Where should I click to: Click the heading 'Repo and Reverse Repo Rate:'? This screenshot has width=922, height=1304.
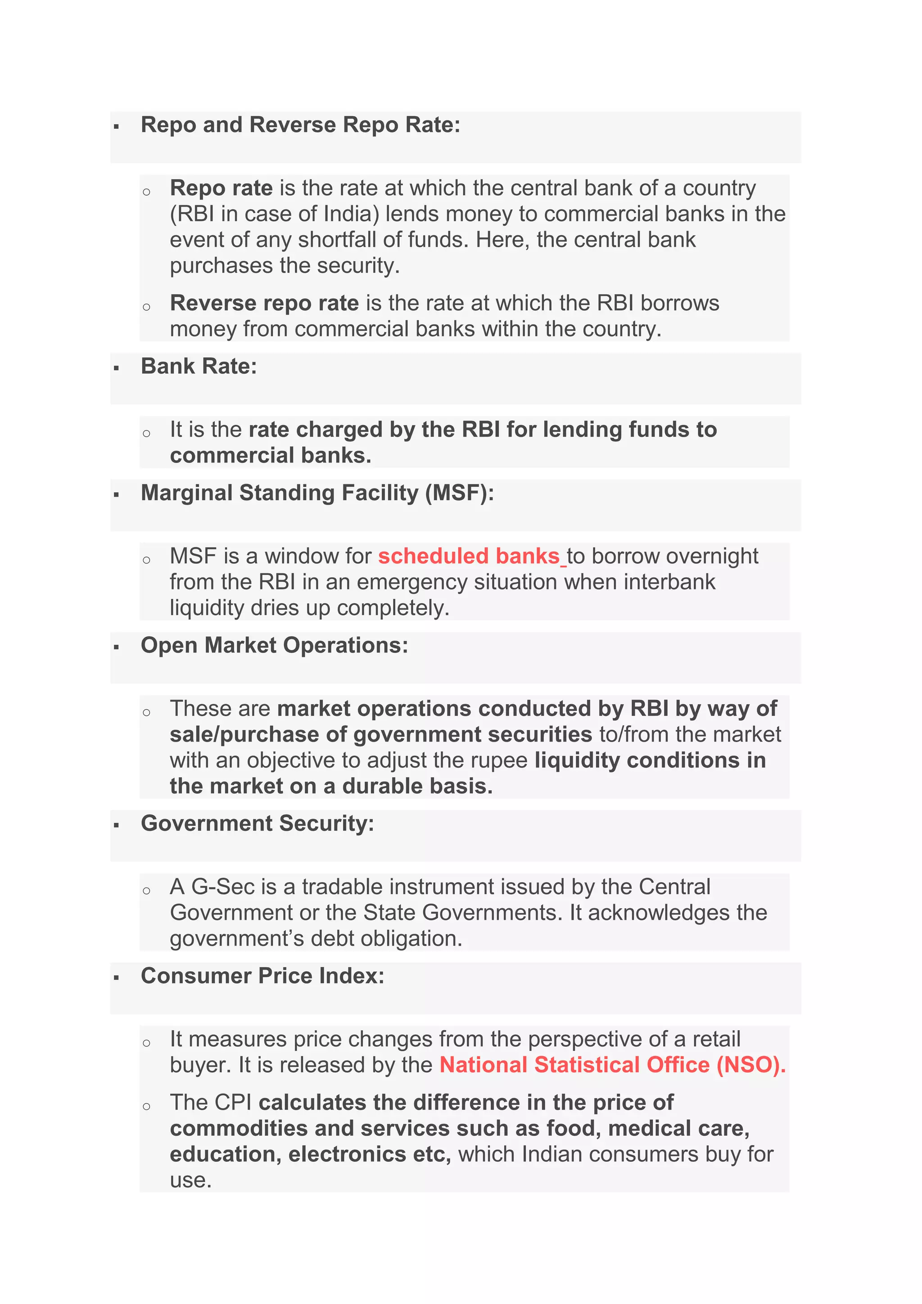(x=300, y=125)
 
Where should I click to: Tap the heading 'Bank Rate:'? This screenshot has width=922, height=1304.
(x=199, y=367)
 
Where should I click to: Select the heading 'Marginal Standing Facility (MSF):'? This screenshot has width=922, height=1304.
(x=317, y=493)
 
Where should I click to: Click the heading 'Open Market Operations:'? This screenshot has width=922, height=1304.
(x=274, y=646)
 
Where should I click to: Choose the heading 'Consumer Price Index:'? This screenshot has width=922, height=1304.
(x=262, y=976)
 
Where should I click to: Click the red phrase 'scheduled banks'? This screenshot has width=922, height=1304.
(x=469, y=556)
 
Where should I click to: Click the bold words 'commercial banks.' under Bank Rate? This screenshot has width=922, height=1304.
(x=270, y=456)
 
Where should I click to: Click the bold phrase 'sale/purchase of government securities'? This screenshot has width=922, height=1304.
(x=380, y=734)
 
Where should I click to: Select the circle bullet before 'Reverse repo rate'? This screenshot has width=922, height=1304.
(x=146, y=307)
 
